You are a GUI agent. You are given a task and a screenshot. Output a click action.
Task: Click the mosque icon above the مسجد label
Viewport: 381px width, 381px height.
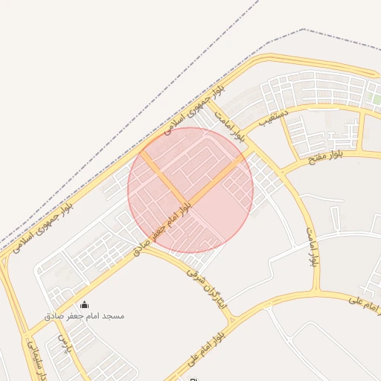tap(83, 304)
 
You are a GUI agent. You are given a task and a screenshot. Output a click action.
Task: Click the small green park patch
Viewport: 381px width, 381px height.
tap(377, 99)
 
